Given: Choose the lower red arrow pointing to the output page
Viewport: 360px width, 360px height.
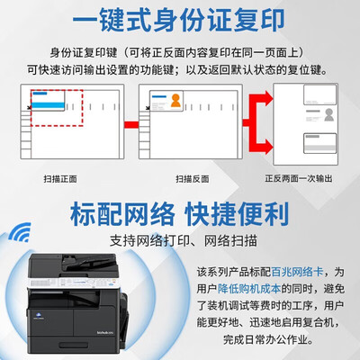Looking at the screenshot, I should (x=259, y=139).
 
